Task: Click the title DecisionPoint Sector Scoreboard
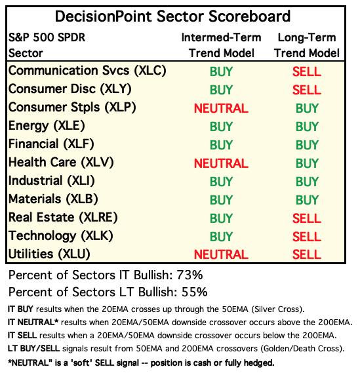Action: tap(172, 16)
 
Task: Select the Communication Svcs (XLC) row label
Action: tap(87, 71)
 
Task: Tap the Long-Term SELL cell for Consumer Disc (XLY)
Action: tap(307, 90)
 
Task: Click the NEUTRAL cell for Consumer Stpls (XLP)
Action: tap(221, 108)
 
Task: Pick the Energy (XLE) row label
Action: tap(47, 126)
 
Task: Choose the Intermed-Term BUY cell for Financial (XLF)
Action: tap(221, 145)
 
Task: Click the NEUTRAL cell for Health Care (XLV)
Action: tap(221, 163)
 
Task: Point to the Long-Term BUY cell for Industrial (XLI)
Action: tap(307, 182)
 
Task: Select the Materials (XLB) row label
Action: tap(53, 199)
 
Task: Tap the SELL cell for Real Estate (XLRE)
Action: tap(307, 218)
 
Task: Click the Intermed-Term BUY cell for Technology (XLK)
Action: tap(221, 237)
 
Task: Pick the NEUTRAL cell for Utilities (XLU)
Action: tap(221, 254)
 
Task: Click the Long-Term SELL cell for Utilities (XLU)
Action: tap(307, 254)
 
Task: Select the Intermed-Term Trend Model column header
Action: tap(221, 45)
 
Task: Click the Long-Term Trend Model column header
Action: tap(307, 45)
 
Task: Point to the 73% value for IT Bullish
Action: tap(190, 275)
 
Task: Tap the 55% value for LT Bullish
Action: tap(194, 292)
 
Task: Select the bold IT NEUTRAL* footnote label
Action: tap(33, 323)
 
